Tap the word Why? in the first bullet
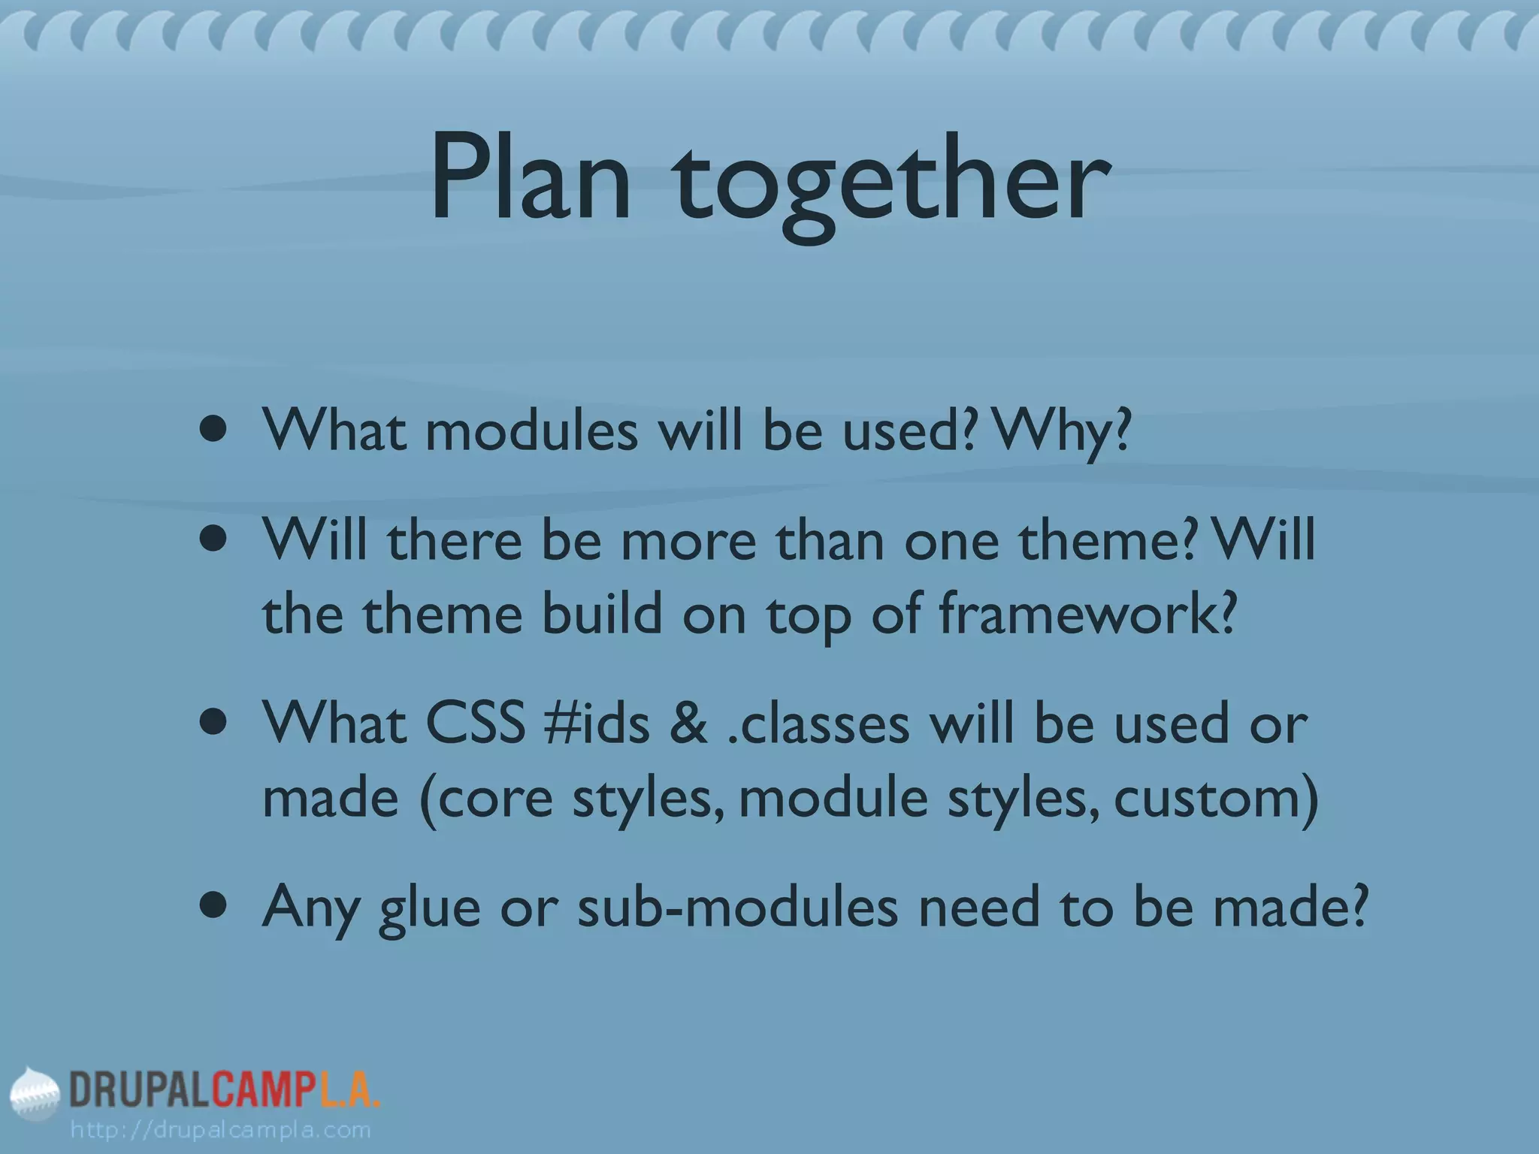pyautogui.click(x=1063, y=431)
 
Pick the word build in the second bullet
pyautogui.click(x=602, y=614)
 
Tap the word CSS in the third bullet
pyautogui.click(x=475, y=724)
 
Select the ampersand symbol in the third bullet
pyautogui.click(x=688, y=724)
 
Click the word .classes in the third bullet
pyautogui.click(x=819, y=724)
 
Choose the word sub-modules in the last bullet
pyautogui.click(x=737, y=906)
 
